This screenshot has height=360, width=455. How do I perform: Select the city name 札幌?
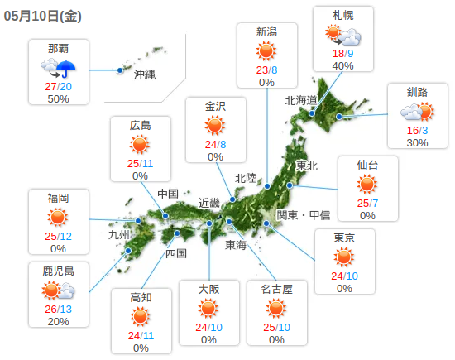(342, 17)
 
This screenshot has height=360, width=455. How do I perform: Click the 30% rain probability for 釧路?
(418, 142)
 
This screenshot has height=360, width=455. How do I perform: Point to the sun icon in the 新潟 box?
(266, 52)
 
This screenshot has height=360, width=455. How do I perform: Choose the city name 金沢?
(215, 105)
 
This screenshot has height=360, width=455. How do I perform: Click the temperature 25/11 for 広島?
(140, 163)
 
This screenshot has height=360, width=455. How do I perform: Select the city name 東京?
(344, 238)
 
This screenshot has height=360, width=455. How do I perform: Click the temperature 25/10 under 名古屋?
(275, 327)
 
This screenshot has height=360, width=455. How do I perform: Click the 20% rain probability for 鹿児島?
(59, 321)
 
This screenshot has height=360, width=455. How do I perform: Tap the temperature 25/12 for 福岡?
(59, 236)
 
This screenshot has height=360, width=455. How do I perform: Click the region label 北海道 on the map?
(301, 100)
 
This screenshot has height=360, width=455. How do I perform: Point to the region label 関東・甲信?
(303, 215)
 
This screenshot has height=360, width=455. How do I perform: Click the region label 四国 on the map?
(176, 253)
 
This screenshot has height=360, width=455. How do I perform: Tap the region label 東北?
(307, 166)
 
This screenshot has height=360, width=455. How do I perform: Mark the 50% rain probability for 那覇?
(58, 98)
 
